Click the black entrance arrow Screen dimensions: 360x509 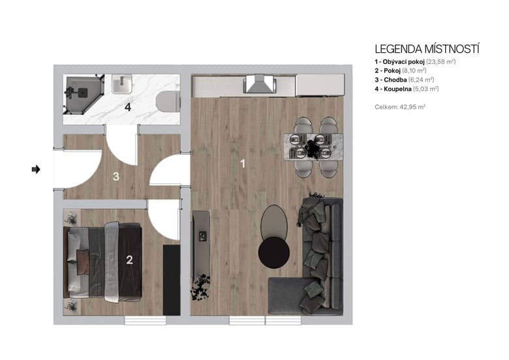coord(36,170)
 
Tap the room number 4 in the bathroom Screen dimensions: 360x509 coord(128,108)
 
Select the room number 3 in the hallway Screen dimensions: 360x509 coord(116,176)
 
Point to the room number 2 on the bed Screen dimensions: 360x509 coord(129,260)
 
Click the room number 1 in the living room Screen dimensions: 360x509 coord(243,164)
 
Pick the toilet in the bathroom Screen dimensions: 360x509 coord(169,102)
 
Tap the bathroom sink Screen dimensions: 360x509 coord(122,84)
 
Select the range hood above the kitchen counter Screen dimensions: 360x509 coord(259,85)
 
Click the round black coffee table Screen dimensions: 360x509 coord(273,252)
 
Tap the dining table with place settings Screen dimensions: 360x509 coord(313,147)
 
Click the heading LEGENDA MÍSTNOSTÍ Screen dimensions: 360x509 coord(427,49)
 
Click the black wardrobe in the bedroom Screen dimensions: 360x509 coord(171,280)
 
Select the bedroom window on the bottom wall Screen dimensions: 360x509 coord(145,320)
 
